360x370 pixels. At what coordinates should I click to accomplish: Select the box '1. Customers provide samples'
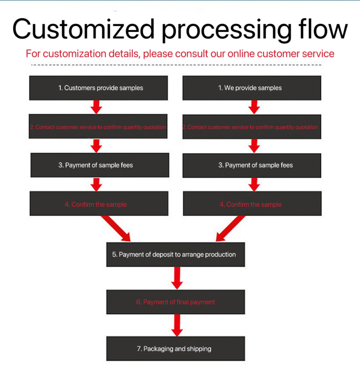(98, 88)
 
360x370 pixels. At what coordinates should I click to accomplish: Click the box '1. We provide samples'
(252, 88)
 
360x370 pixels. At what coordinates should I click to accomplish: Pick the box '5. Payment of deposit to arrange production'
(175, 254)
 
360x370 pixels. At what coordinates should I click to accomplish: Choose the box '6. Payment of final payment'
(175, 302)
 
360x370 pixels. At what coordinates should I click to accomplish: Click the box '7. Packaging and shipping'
(175, 349)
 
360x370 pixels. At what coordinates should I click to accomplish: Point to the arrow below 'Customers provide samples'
(97, 107)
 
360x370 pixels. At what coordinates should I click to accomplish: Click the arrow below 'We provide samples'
(254, 107)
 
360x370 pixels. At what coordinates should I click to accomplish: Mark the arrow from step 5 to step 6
(177, 278)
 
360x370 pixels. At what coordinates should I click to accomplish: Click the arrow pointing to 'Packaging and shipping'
(177, 325)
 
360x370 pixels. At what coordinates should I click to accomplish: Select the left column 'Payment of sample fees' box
(99, 165)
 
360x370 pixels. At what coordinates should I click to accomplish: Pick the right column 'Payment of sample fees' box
(252, 165)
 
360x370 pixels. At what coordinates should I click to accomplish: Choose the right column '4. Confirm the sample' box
(252, 204)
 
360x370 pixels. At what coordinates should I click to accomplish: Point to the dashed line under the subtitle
(176, 65)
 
